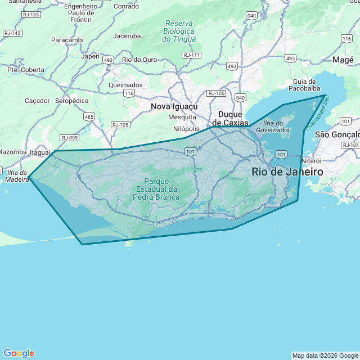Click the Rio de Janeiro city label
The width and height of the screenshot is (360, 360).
(x=287, y=172)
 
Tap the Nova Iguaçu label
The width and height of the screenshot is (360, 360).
(x=174, y=106)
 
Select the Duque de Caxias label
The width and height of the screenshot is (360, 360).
(x=230, y=118)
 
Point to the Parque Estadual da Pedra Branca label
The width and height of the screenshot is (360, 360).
(x=156, y=189)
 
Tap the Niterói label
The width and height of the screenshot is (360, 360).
(x=312, y=161)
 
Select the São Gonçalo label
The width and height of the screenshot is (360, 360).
(x=337, y=134)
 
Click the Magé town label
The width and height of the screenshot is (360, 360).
(x=343, y=60)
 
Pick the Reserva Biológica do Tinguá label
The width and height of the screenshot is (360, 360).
(x=179, y=31)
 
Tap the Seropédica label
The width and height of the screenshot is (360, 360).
(x=72, y=101)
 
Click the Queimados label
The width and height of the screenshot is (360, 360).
(x=125, y=85)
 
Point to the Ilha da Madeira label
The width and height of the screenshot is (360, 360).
(x=17, y=176)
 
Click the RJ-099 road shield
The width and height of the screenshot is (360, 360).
(x=70, y=138)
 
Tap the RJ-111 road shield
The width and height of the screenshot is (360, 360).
(x=192, y=55)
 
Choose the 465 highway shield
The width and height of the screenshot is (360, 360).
(x=89, y=116)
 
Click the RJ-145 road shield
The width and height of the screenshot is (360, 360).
(x=12, y=33)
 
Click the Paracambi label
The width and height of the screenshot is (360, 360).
(x=67, y=40)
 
